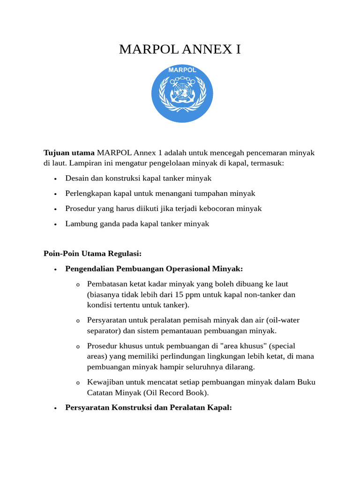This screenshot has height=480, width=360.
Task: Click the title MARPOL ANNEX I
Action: point(180,49)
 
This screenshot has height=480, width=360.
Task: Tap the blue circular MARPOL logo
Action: point(182,94)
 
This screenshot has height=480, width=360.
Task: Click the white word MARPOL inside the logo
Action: point(182,71)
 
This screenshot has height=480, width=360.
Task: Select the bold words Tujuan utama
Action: point(69,153)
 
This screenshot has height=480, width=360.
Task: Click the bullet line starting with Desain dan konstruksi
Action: point(138,178)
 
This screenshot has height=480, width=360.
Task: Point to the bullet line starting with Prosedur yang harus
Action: point(163,208)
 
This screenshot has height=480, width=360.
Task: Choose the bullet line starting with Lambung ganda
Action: point(137,224)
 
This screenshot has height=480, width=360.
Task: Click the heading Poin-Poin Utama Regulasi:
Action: point(92,253)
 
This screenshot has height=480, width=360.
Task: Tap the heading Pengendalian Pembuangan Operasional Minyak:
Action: point(154,269)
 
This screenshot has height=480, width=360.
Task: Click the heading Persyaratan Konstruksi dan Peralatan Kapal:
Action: point(149,407)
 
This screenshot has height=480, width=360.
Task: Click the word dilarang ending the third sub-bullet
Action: point(240,367)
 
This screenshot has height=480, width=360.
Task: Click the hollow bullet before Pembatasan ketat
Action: point(78,284)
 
